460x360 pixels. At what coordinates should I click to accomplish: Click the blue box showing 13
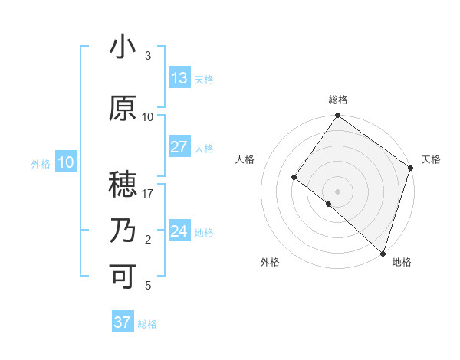coord(179,78)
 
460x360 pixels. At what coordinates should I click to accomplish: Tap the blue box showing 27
coord(179,147)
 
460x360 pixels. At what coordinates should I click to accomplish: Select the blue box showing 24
coord(179,231)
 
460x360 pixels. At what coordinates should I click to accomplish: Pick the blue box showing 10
coord(66,162)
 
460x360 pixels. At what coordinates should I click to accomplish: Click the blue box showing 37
coord(123,322)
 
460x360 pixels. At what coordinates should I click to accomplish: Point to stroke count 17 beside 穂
coord(149,194)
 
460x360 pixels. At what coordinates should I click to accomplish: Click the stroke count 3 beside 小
coord(148,56)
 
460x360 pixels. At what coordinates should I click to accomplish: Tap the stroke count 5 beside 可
coord(148,286)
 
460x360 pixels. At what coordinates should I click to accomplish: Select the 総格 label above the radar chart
coord(338,100)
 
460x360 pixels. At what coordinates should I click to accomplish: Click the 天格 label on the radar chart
coord(431,159)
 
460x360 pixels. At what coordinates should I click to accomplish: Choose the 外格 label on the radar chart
coord(270,262)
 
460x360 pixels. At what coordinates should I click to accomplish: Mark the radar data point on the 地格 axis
coord(383,253)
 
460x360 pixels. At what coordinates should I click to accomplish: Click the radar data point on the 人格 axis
coord(294,178)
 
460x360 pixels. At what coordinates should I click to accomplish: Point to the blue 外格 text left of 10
coord(41,163)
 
